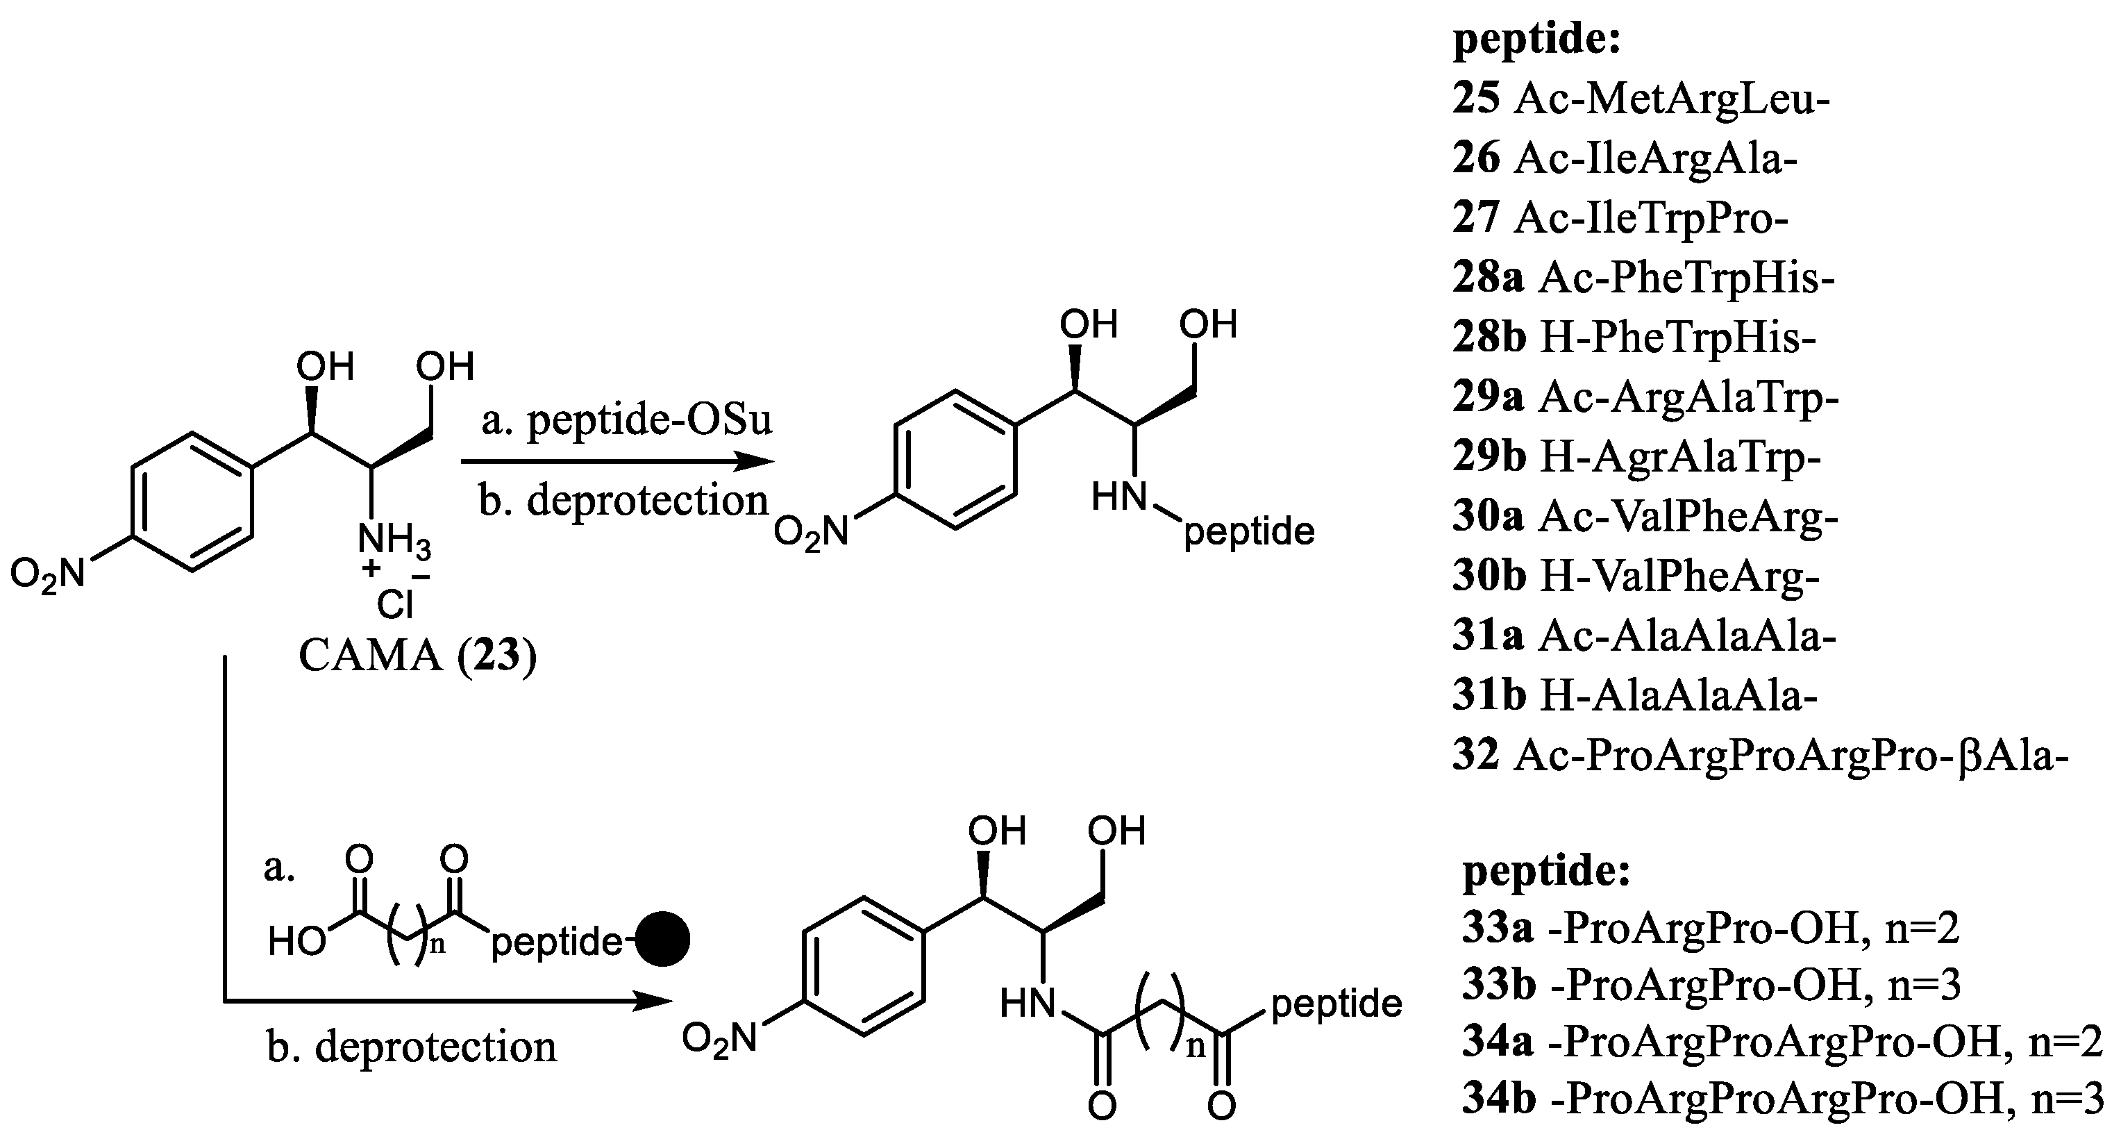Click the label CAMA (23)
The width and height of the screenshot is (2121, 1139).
pyautogui.click(x=417, y=656)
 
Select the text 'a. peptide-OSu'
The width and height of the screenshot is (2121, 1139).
pyautogui.click(x=627, y=420)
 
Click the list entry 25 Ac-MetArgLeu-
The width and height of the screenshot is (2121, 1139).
pyautogui.click(x=1640, y=99)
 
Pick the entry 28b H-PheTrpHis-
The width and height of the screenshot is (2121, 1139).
pyautogui.click(x=1634, y=338)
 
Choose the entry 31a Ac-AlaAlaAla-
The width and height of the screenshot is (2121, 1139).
pyautogui.click(x=1643, y=635)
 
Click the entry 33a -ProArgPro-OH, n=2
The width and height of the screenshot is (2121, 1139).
pyautogui.click(x=1710, y=928)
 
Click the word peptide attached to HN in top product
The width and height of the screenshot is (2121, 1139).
pyautogui.click(x=1248, y=532)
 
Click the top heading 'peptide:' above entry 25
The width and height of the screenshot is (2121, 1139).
pyautogui.click(x=1536, y=39)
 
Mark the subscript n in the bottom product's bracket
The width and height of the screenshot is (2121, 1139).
pyautogui.click(x=1196, y=1046)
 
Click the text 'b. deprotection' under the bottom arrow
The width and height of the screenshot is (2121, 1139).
pyautogui.click(x=412, y=1047)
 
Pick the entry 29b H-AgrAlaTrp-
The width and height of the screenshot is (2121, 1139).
pyautogui.click(x=1636, y=457)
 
